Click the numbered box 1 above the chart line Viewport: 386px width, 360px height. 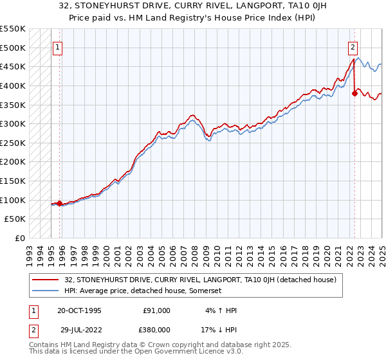point(58,47)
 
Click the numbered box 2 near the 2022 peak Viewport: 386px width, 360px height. point(353,47)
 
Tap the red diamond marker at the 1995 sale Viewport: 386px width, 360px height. point(60,204)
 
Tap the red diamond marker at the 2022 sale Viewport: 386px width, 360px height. point(354,94)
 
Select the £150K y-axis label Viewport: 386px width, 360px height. point(14,181)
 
